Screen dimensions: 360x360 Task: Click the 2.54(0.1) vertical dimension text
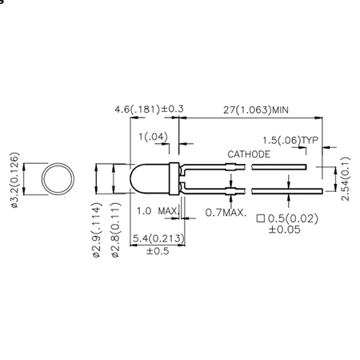tap(346, 179)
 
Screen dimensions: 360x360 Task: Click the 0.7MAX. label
tap(226, 212)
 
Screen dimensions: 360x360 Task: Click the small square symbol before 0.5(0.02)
tap(260, 218)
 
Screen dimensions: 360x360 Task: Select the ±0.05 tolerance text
tap(284, 229)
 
